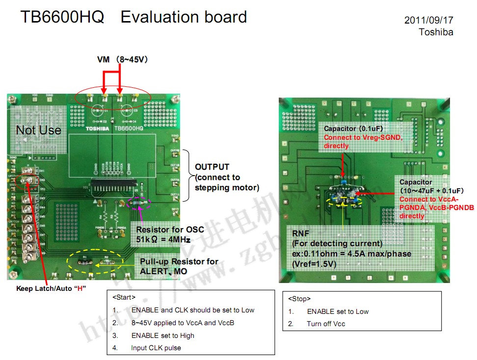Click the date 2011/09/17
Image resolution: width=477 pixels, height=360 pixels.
[428, 21]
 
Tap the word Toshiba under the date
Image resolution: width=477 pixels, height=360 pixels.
[436, 32]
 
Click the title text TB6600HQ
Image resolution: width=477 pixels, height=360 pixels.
[62, 18]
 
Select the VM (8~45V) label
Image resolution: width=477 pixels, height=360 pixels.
[123, 59]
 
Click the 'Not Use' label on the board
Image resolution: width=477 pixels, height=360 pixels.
[38, 130]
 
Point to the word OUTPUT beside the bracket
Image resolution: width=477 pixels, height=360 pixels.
[212, 167]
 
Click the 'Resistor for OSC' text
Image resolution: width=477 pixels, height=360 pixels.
[170, 230]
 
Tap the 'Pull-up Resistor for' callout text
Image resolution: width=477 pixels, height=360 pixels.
[179, 261]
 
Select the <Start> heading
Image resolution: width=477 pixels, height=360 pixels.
[124, 297]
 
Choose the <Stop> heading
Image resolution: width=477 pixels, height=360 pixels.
[299, 299]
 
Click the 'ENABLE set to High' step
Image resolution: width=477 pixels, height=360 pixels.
[162, 335]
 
